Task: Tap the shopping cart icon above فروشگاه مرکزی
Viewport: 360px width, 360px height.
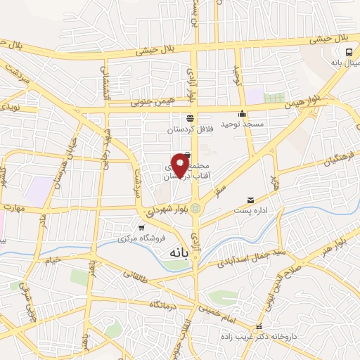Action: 141,227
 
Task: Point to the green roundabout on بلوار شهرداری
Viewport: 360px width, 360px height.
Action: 197,207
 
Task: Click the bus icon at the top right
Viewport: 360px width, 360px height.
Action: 349,52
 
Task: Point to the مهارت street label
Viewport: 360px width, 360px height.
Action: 13,208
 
